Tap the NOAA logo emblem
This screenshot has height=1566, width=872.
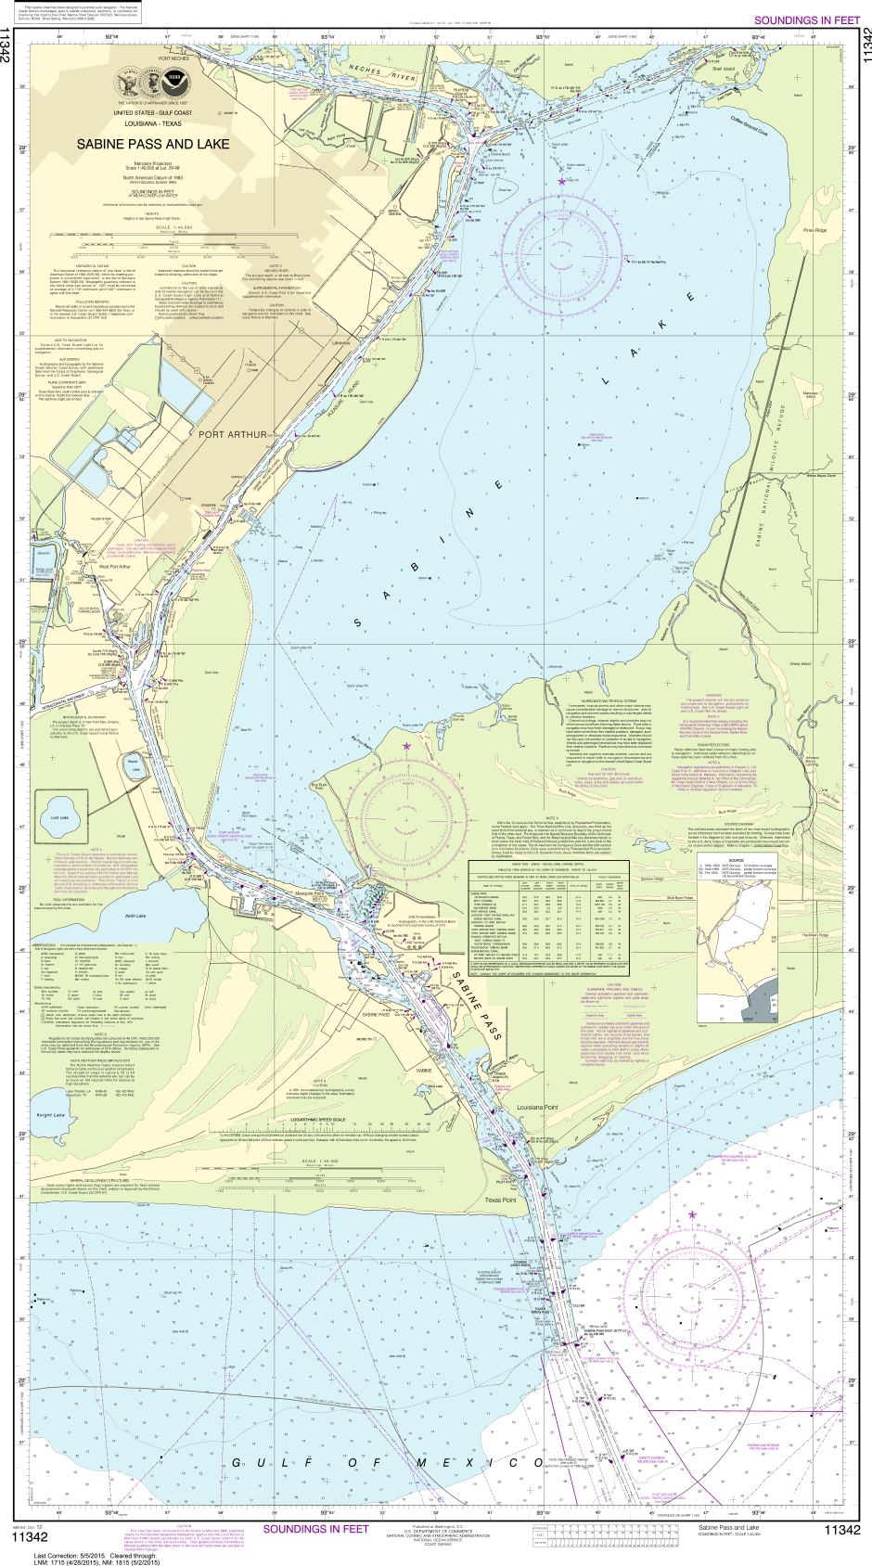[x=170, y=85]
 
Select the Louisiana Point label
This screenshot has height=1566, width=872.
[x=538, y=1082]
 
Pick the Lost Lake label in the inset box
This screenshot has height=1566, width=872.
[x=59, y=817]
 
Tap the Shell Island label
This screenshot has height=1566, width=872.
[x=724, y=69]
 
